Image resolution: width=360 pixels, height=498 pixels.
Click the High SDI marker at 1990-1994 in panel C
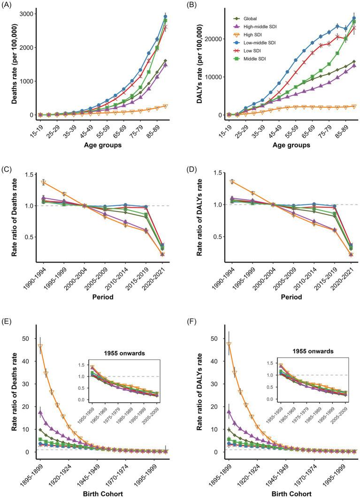pos(44,182)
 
